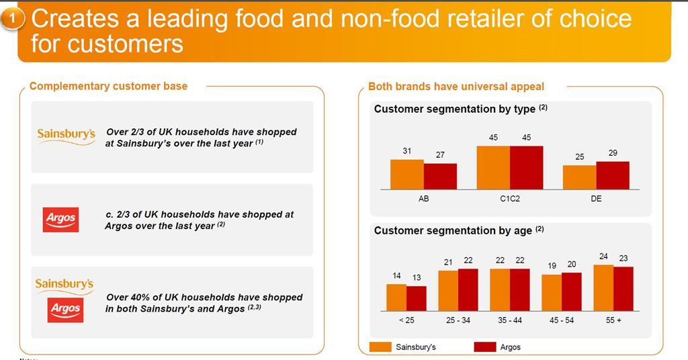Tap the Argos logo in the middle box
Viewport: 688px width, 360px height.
[60, 219]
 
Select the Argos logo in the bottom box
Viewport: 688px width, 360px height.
[65, 309]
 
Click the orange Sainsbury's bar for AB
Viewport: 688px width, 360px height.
[407, 175]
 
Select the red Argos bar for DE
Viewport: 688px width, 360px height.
[613, 175]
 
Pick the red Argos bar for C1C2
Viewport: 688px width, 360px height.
[526, 168]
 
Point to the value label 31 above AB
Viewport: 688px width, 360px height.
[407, 151]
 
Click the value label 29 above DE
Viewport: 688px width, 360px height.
[613, 153]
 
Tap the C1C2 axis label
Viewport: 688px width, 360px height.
[509, 199]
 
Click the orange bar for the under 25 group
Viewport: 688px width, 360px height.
[396, 298]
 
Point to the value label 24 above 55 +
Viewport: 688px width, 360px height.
[603, 257]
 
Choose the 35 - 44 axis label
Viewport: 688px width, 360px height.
[510, 320]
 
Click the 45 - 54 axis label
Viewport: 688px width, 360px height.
[562, 320]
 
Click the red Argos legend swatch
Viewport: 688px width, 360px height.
[484, 347]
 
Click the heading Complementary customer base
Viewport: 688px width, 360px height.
[109, 86]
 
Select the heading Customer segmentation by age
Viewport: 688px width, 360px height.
[454, 230]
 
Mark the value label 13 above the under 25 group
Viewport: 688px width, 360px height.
[417, 278]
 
